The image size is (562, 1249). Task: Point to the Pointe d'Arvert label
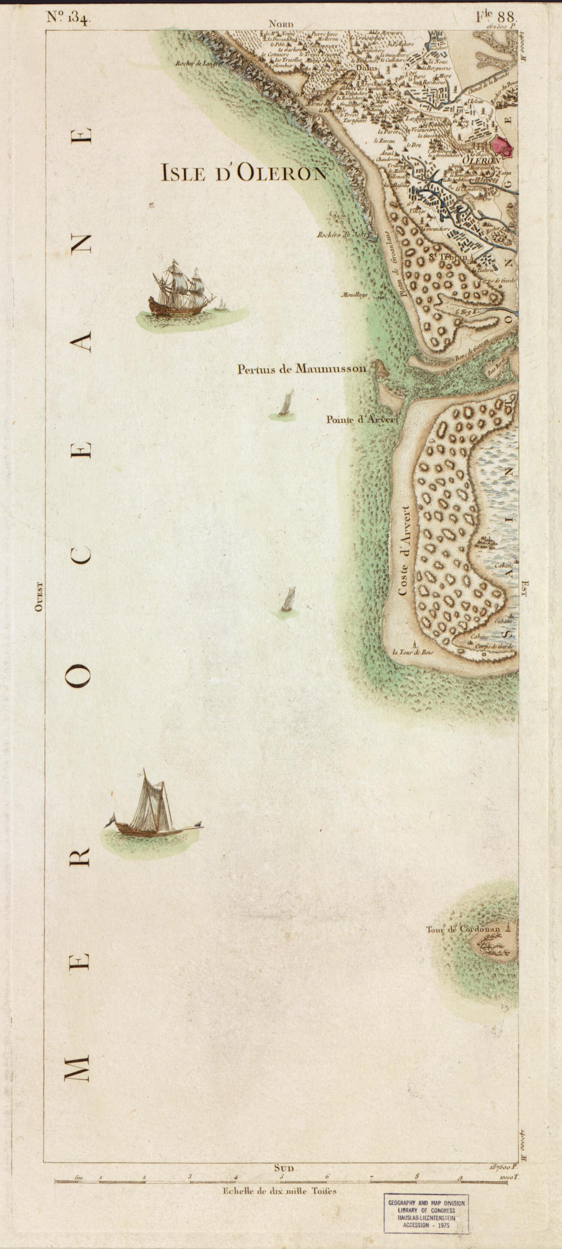[362, 420]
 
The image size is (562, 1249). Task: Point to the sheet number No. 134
[66, 18]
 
